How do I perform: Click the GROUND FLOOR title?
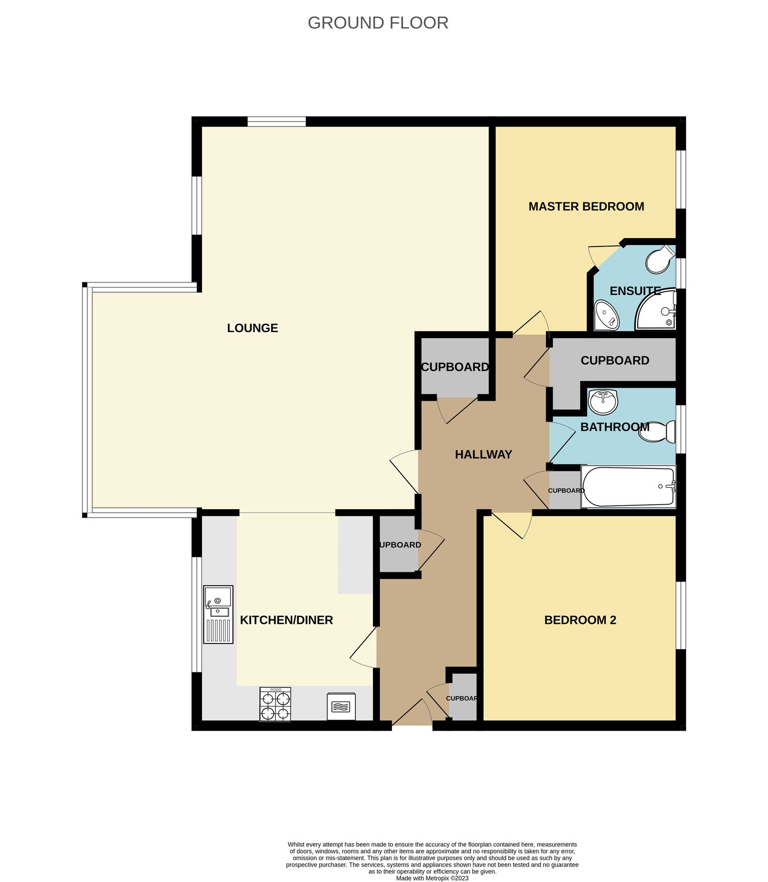coord(378,23)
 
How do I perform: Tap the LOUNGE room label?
coord(252,328)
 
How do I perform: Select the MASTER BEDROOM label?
coord(586,206)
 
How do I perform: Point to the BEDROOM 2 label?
coord(580,620)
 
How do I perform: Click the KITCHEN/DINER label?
coord(286,620)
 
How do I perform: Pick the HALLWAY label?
coord(483,454)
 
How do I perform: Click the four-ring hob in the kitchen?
coord(275,704)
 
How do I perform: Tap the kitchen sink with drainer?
coord(218,614)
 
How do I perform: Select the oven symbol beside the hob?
coord(341,706)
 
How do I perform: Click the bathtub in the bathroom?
coord(628,487)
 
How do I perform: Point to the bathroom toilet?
coord(658,432)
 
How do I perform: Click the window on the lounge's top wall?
coord(276,122)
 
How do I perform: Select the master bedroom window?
coord(681,179)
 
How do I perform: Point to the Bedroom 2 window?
coord(681,615)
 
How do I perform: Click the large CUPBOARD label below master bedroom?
coord(615,360)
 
